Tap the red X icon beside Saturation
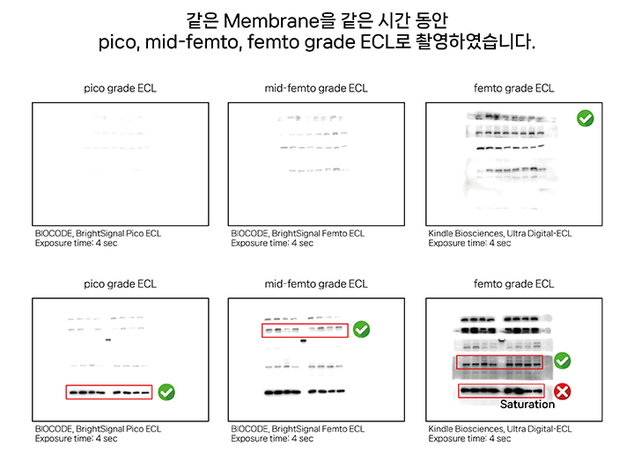562,391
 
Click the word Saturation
527,404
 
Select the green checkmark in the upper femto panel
585,119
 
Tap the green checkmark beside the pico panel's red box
166,392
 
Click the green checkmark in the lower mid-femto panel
362,329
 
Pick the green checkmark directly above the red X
562,361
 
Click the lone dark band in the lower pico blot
108,340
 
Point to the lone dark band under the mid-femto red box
303,341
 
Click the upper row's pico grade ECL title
120,88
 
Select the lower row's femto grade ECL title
513,283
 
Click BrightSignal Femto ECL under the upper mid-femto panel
318,233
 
